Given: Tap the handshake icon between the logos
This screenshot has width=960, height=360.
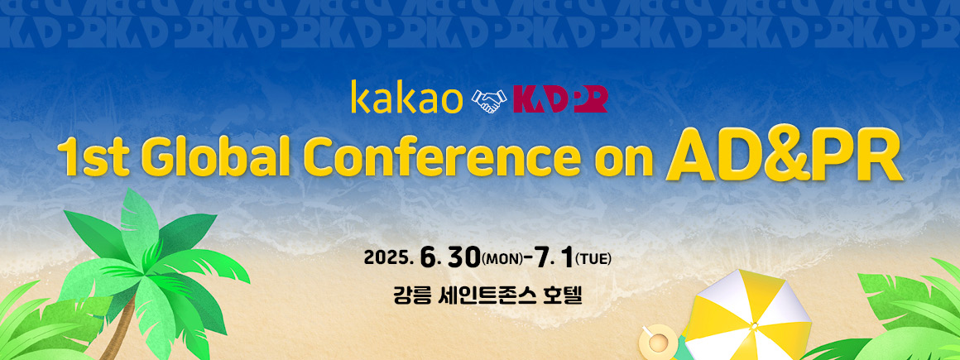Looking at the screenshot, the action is [x=488, y=101].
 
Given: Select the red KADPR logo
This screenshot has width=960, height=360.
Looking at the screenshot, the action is [x=559, y=100].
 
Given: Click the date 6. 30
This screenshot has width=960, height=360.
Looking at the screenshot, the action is [x=449, y=257].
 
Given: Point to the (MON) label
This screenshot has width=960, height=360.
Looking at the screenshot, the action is [x=502, y=259].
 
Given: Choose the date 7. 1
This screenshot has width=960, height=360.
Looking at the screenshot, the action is [x=553, y=257].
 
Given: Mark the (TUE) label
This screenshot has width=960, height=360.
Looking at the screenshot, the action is [x=593, y=259].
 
